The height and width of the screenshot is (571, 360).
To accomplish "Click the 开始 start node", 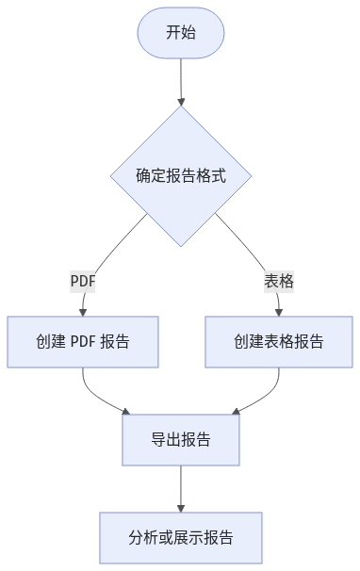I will (x=181, y=33).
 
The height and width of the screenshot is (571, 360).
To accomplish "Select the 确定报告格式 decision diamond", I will (x=181, y=175).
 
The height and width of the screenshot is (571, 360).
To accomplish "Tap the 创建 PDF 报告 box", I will (x=83, y=341).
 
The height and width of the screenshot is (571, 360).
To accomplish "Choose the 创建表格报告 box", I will (x=279, y=341).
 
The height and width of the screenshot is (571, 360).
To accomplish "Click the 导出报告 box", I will (x=181, y=440).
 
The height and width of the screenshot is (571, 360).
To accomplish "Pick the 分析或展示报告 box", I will (x=181, y=538).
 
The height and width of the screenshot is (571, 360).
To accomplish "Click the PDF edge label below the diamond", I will (x=83, y=281).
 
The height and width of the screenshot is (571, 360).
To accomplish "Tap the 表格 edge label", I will (x=279, y=281).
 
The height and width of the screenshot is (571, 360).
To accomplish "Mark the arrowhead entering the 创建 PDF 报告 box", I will (x=83, y=312).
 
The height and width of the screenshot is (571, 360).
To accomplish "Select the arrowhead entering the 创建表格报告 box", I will (x=279, y=312).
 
